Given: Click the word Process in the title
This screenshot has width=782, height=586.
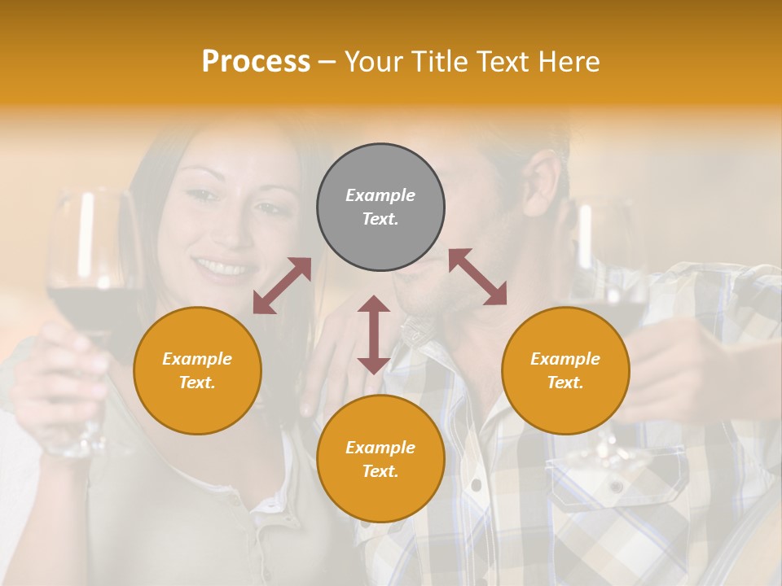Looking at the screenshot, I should click(x=256, y=62).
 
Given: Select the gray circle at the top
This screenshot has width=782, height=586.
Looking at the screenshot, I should click(x=380, y=208).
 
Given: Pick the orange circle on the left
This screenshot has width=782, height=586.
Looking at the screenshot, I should click(x=197, y=370).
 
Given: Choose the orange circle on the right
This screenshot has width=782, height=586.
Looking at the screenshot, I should click(x=565, y=370).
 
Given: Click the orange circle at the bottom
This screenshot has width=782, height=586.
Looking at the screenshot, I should click(x=380, y=459).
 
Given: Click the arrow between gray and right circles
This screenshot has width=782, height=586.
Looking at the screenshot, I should click(x=477, y=277).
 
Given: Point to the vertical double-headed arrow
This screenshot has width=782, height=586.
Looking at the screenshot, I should click(x=374, y=335).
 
